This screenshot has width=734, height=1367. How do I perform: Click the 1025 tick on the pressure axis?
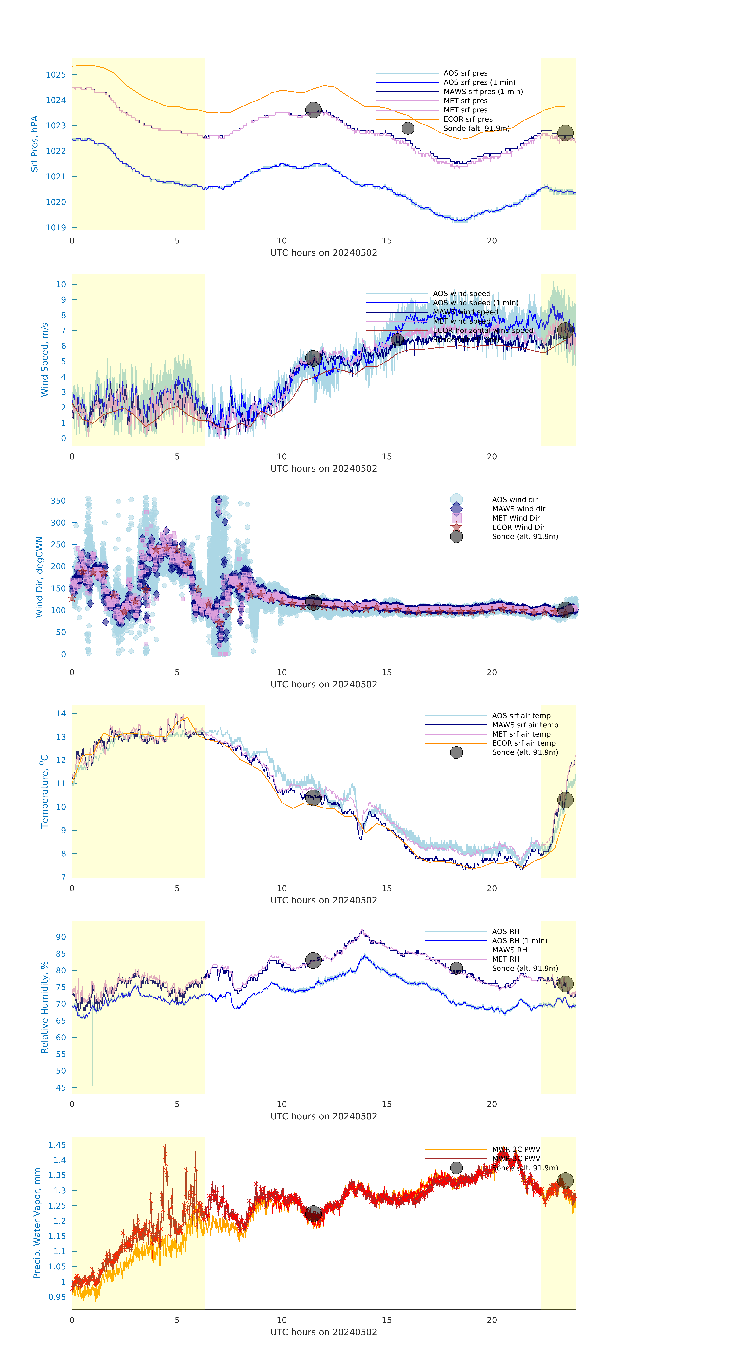coord(56,75)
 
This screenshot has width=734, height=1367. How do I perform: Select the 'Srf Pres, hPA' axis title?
coord(35,144)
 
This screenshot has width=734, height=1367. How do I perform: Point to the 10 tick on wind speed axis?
coord(61,285)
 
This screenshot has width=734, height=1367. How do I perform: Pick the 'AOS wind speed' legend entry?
coord(461,294)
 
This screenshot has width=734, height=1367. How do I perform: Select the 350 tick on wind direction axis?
coord(58,501)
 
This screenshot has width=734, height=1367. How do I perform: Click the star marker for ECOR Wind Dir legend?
coord(456,527)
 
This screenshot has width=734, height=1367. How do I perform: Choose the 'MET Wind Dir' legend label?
coord(515,518)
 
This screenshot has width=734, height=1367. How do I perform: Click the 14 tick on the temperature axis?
coord(61,714)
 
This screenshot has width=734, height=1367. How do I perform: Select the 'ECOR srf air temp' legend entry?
coord(523,743)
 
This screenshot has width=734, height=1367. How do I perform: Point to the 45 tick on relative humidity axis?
coord(61,1088)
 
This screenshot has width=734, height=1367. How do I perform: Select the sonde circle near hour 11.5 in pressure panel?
coord(313,110)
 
